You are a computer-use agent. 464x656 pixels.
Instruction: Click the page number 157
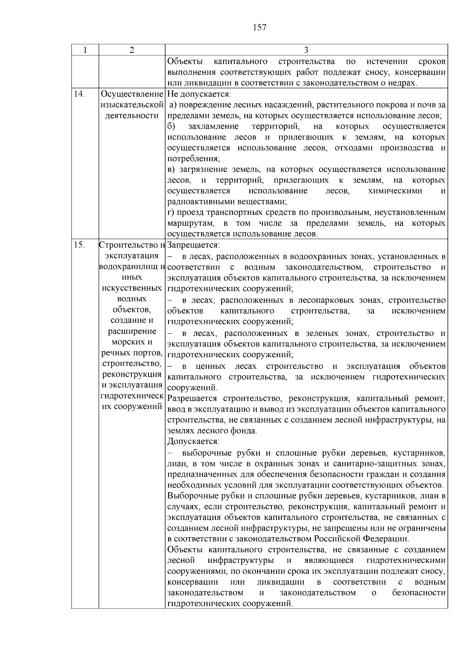259,27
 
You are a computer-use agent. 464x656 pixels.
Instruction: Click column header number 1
85,50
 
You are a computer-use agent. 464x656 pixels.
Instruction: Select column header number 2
132,50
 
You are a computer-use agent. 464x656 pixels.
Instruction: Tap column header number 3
306,50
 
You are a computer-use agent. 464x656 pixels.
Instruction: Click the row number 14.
79,94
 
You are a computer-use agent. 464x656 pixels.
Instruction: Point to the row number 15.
79,245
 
